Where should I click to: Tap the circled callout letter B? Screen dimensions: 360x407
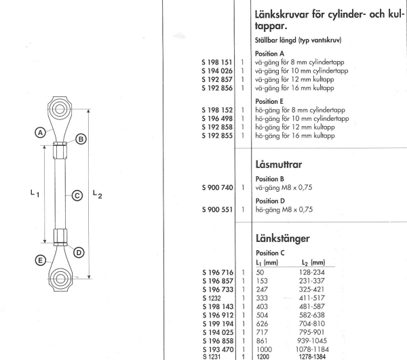click(81, 140)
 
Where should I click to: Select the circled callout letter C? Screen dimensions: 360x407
click(77, 196)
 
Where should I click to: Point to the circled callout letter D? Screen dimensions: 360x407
click(79, 252)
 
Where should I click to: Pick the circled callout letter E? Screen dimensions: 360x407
click(40, 260)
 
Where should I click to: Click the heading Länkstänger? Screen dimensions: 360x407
click(282, 239)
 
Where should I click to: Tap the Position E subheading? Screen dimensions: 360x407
click(270, 101)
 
